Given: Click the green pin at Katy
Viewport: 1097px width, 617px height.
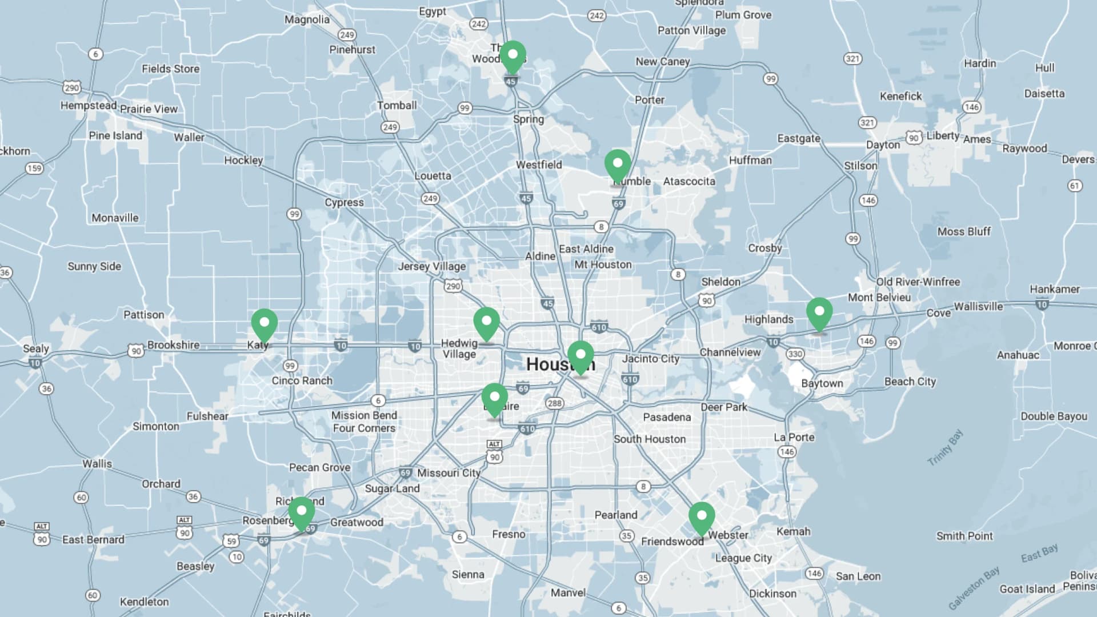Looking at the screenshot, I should coord(264,324).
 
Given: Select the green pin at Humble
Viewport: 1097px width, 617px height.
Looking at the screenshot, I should coord(617,165).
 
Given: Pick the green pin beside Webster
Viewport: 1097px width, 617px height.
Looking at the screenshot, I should coord(701,517).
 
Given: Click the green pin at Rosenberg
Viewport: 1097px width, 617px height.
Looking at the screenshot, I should coord(301,512).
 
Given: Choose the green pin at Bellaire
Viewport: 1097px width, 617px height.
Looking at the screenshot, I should coord(494,399).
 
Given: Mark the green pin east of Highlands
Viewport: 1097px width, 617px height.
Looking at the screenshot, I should coord(819,313).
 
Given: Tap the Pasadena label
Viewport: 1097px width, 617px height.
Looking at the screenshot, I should coord(667,417).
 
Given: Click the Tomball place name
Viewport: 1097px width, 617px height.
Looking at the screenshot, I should coord(397,106).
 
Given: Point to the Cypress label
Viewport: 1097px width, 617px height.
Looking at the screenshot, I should coord(344,203).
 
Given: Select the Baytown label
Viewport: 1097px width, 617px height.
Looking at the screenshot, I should coord(822,383).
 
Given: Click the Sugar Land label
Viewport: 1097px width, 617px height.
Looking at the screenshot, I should coord(392,488).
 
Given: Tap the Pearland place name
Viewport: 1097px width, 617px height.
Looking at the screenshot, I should coord(615,515).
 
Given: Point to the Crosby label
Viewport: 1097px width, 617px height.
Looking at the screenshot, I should coord(764,248).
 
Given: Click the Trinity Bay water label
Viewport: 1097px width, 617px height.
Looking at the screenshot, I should coord(945,447).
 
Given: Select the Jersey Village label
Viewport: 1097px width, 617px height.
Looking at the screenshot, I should coord(431,266).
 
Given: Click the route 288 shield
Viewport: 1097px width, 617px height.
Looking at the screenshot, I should coord(554,403).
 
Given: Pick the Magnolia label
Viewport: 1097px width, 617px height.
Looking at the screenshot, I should coord(307,19).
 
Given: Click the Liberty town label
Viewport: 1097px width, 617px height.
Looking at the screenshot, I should coord(943,135).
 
